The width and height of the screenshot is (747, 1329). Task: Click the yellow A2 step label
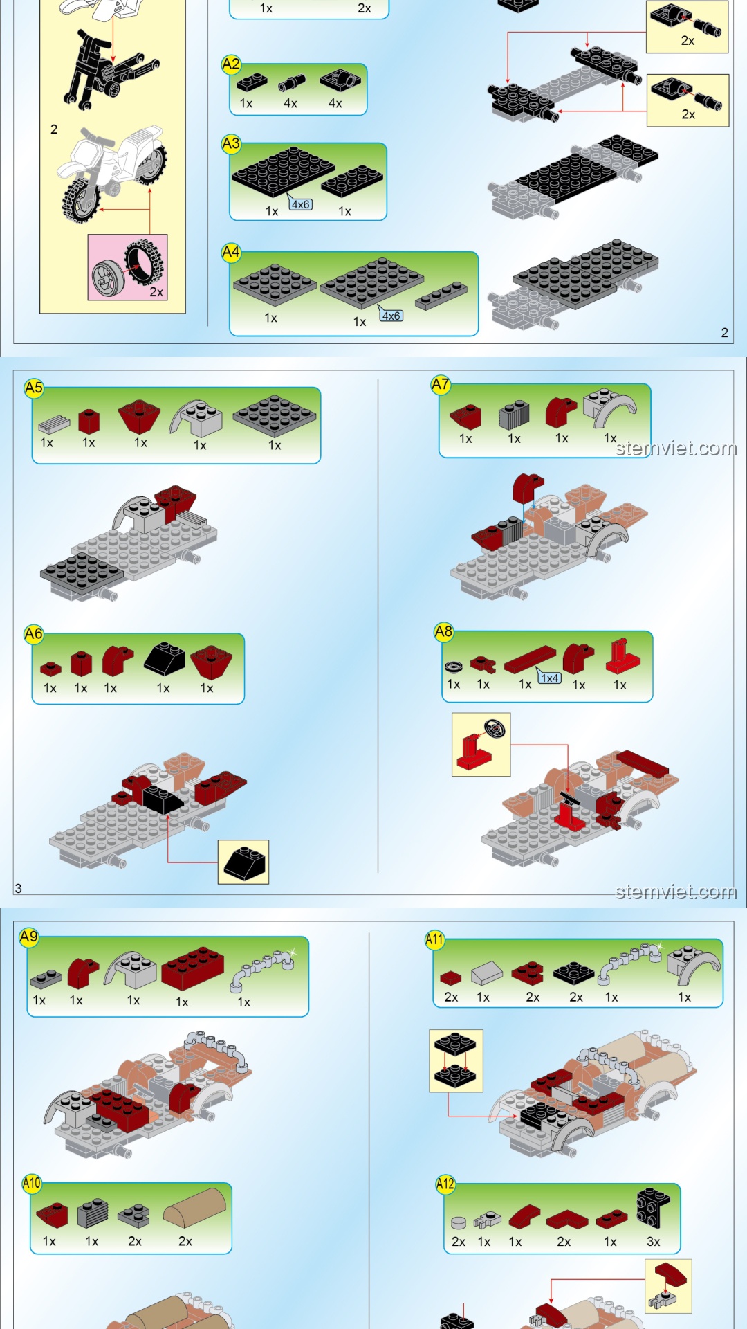pyautogui.click(x=231, y=64)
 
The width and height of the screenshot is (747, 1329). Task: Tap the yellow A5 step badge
pyautogui.click(x=33, y=388)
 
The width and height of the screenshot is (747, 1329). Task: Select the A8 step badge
pyautogui.click(x=443, y=631)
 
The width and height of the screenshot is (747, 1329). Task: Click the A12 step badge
pyautogui.click(x=445, y=1184)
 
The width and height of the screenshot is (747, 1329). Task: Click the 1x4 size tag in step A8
pyautogui.click(x=550, y=678)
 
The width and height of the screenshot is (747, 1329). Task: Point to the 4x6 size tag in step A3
pyautogui.click(x=300, y=204)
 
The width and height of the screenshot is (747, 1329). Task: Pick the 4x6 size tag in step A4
pyautogui.click(x=391, y=316)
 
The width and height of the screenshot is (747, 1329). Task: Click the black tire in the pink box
pyautogui.click(x=145, y=262)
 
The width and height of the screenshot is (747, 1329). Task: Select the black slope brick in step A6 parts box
pyautogui.click(x=164, y=659)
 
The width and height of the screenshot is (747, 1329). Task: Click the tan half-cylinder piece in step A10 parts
pyautogui.click(x=195, y=1208)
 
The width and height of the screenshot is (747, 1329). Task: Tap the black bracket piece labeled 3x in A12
pyautogui.click(x=653, y=1208)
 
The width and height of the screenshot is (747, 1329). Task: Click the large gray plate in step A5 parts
pyautogui.click(x=275, y=415)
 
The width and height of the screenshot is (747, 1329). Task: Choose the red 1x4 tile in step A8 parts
pyautogui.click(x=531, y=660)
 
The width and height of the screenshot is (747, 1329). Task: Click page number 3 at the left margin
pyautogui.click(x=19, y=888)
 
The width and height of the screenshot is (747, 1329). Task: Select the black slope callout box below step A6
pyautogui.click(x=243, y=862)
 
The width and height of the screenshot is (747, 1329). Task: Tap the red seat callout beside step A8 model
pyautogui.click(x=481, y=745)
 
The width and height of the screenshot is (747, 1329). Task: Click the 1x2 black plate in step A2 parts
pyautogui.click(x=252, y=83)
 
